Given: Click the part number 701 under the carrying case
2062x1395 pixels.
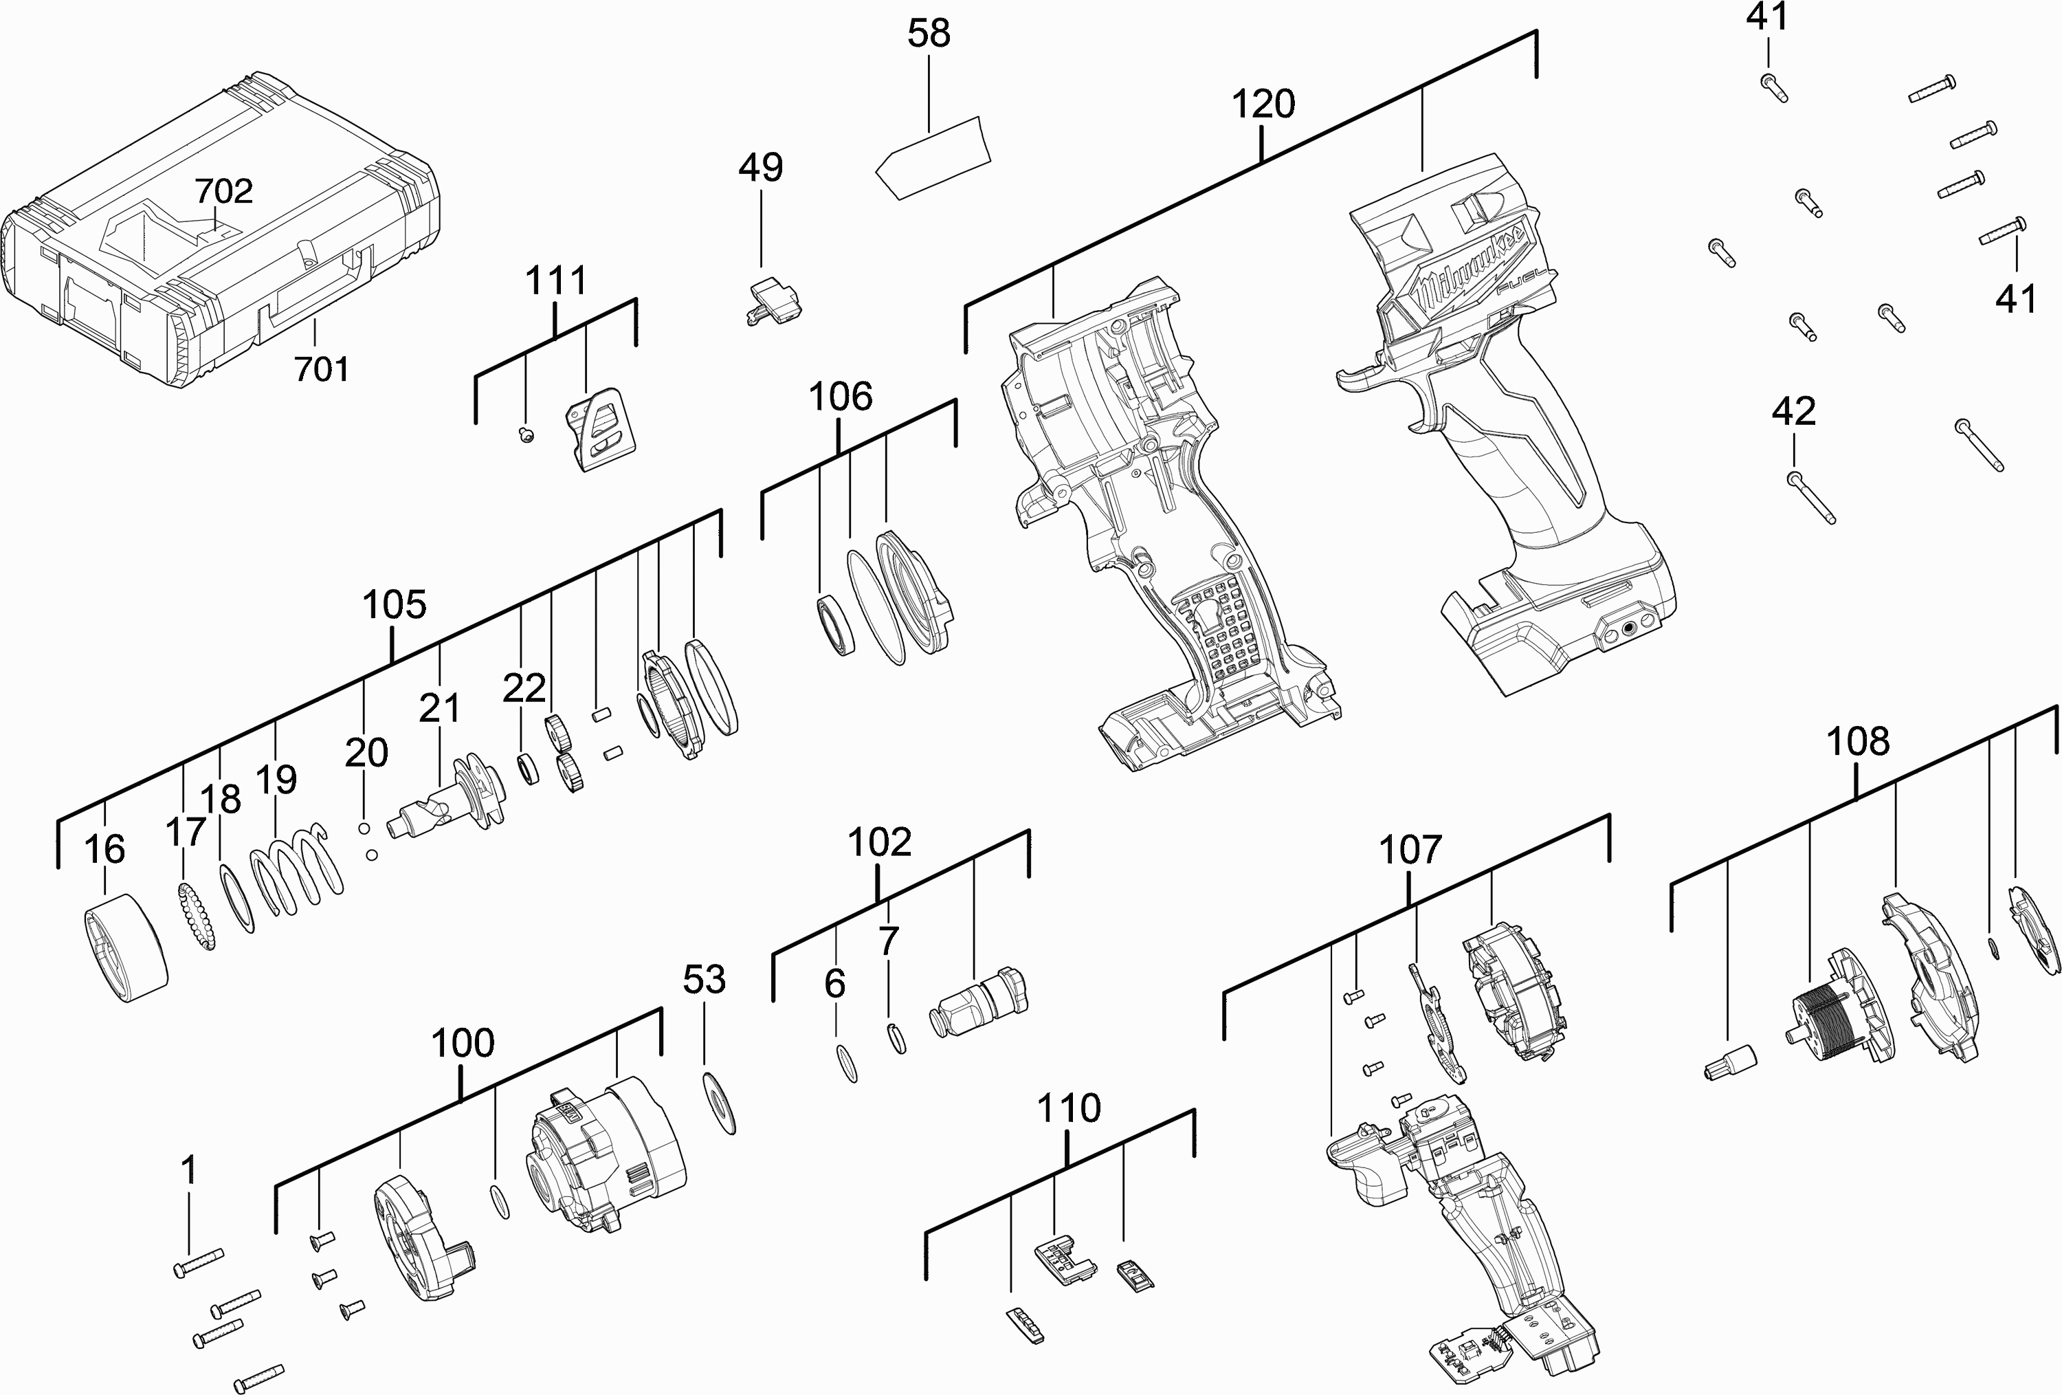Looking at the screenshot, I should pyautogui.click(x=321, y=369).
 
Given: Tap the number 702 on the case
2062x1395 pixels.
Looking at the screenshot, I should pyautogui.click(x=223, y=191).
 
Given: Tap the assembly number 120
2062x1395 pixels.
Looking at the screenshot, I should pyautogui.click(x=1263, y=105).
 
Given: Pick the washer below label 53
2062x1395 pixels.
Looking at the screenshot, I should pyautogui.click(x=719, y=1102).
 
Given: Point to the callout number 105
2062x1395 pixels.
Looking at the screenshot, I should pyautogui.click(x=394, y=605).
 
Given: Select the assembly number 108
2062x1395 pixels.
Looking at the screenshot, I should pyautogui.click(x=1858, y=742).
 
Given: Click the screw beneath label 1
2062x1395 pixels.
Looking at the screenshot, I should pyautogui.click(x=199, y=1262).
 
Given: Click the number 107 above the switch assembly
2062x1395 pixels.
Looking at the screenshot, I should pyautogui.click(x=1410, y=850).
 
